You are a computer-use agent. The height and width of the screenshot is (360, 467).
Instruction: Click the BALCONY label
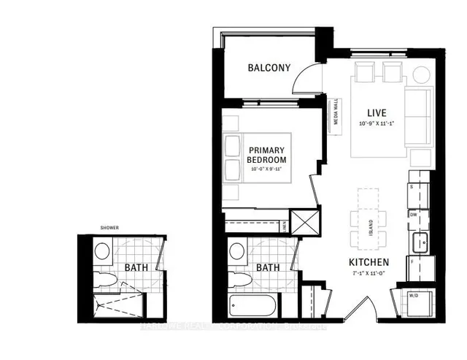click(269, 69)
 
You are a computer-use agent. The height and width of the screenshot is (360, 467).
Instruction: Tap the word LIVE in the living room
click(377, 113)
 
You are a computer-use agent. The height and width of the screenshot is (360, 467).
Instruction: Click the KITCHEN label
click(368, 262)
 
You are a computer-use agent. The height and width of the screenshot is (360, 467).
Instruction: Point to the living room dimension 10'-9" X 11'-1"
click(377, 124)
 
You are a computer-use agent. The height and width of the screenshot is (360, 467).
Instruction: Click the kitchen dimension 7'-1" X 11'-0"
click(368, 274)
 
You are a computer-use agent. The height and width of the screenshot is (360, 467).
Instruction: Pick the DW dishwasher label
click(413, 215)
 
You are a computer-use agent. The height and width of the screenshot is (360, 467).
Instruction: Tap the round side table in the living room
click(422, 74)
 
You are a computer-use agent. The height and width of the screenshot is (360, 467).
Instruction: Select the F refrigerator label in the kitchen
click(412, 261)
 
